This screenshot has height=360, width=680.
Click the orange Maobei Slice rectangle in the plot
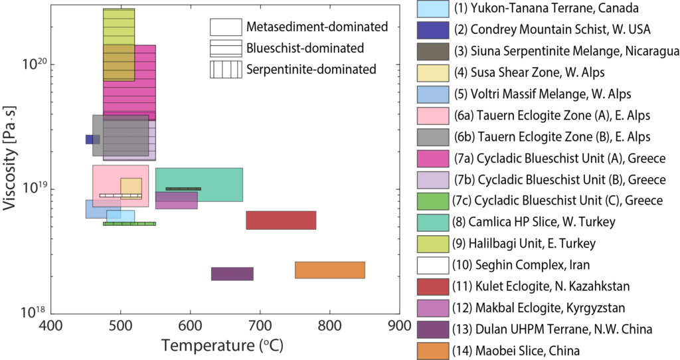click(x=330, y=270)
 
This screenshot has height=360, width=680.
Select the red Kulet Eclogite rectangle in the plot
click(x=281, y=220)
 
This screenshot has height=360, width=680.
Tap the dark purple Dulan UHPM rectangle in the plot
click(x=232, y=274)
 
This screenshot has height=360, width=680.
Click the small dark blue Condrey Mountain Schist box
click(x=92, y=139)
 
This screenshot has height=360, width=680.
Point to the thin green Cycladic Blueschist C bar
click(x=129, y=224)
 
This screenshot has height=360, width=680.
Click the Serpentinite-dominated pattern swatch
click(x=225, y=69)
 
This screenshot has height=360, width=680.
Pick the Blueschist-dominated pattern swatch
click(x=225, y=48)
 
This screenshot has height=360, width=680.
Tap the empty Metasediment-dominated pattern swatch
click(x=225, y=27)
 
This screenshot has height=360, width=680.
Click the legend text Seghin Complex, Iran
click(x=519, y=264)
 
